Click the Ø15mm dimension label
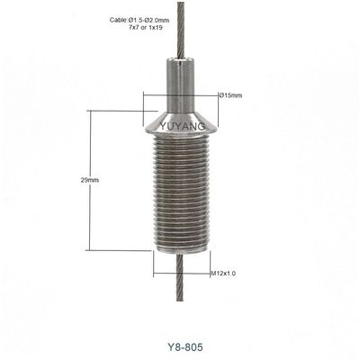pos(229,95)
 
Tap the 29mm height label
pos(89,181)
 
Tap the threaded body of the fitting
pos(181,198)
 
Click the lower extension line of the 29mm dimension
pos(121,250)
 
